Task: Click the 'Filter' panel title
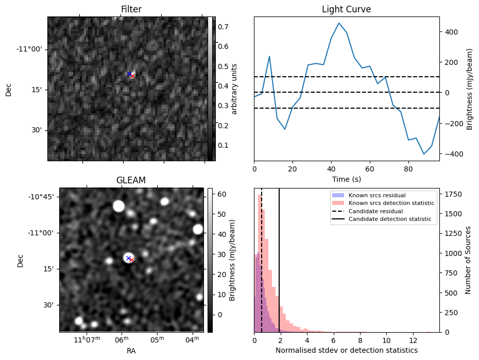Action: (x=131, y=9)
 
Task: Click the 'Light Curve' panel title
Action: (x=346, y=9)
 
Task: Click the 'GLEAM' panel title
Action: (x=131, y=180)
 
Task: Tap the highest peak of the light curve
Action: (x=339, y=23)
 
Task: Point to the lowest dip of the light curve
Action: (x=424, y=154)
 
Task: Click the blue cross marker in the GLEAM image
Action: (x=128, y=258)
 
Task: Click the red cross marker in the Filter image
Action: (x=132, y=76)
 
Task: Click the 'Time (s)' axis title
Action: (x=346, y=179)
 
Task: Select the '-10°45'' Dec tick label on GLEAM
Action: (x=42, y=197)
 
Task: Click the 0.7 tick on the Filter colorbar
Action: (x=223, y=26)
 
